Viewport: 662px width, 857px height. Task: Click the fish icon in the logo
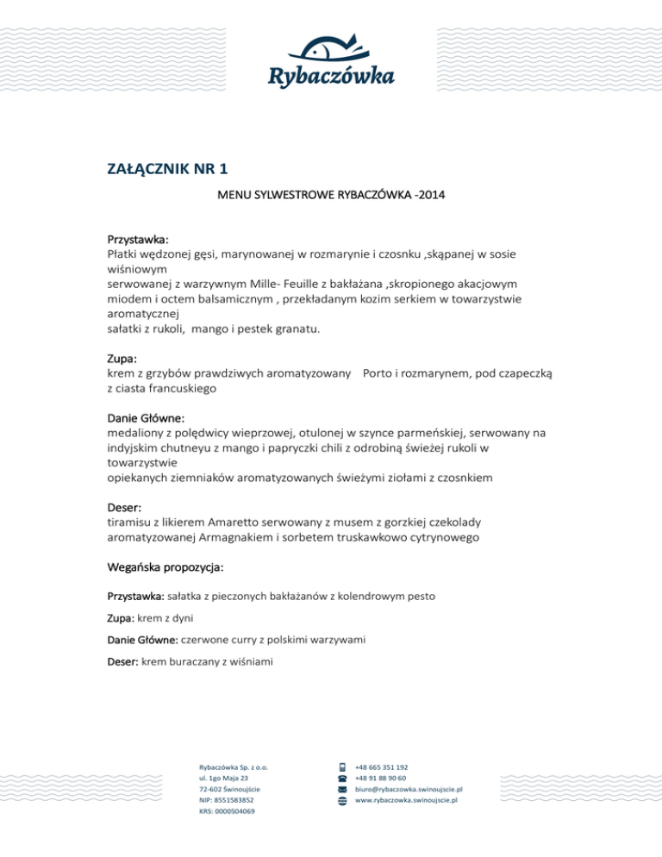331,47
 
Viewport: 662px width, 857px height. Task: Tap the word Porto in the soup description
382,373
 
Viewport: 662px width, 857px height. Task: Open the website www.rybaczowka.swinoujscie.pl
406,800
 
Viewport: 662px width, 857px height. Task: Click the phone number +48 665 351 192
382,767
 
